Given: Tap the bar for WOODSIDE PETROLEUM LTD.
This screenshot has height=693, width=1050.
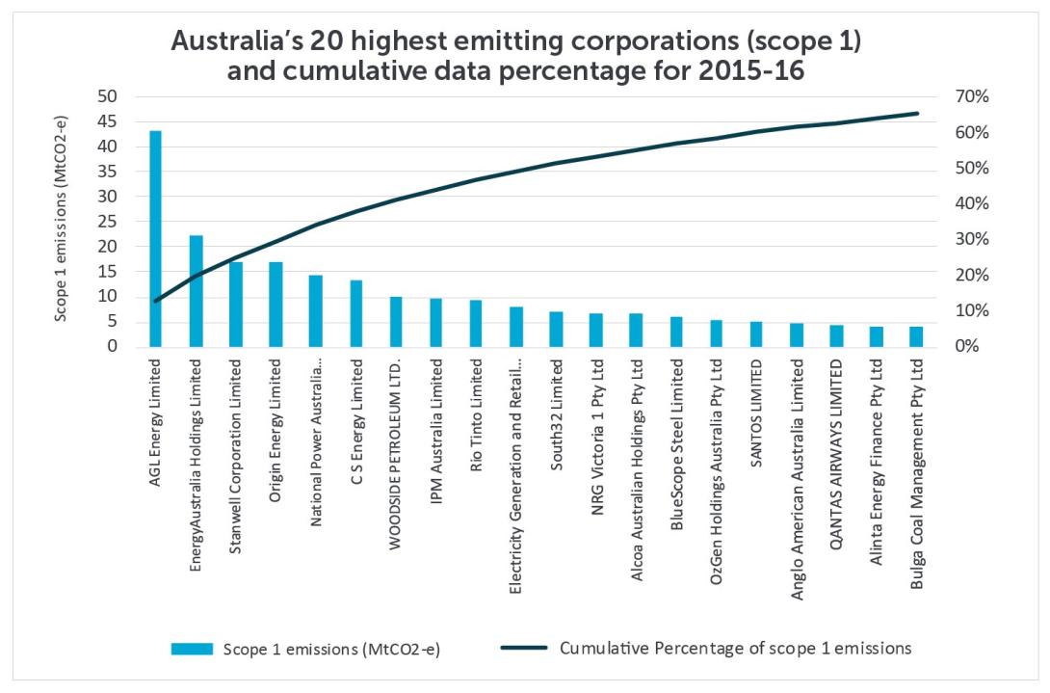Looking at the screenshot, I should coord(395,322).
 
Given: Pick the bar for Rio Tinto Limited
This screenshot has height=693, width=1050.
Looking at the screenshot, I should coord(476,324).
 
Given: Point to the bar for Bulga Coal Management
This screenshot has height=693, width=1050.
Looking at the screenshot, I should coord(916,336).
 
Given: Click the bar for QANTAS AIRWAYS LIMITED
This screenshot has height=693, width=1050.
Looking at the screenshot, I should coord(836,335).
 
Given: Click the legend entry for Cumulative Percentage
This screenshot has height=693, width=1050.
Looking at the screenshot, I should coord(735,648).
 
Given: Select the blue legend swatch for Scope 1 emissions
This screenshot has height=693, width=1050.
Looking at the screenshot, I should coord(192,649).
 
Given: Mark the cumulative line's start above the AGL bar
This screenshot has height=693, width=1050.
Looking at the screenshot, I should coord(155,302).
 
